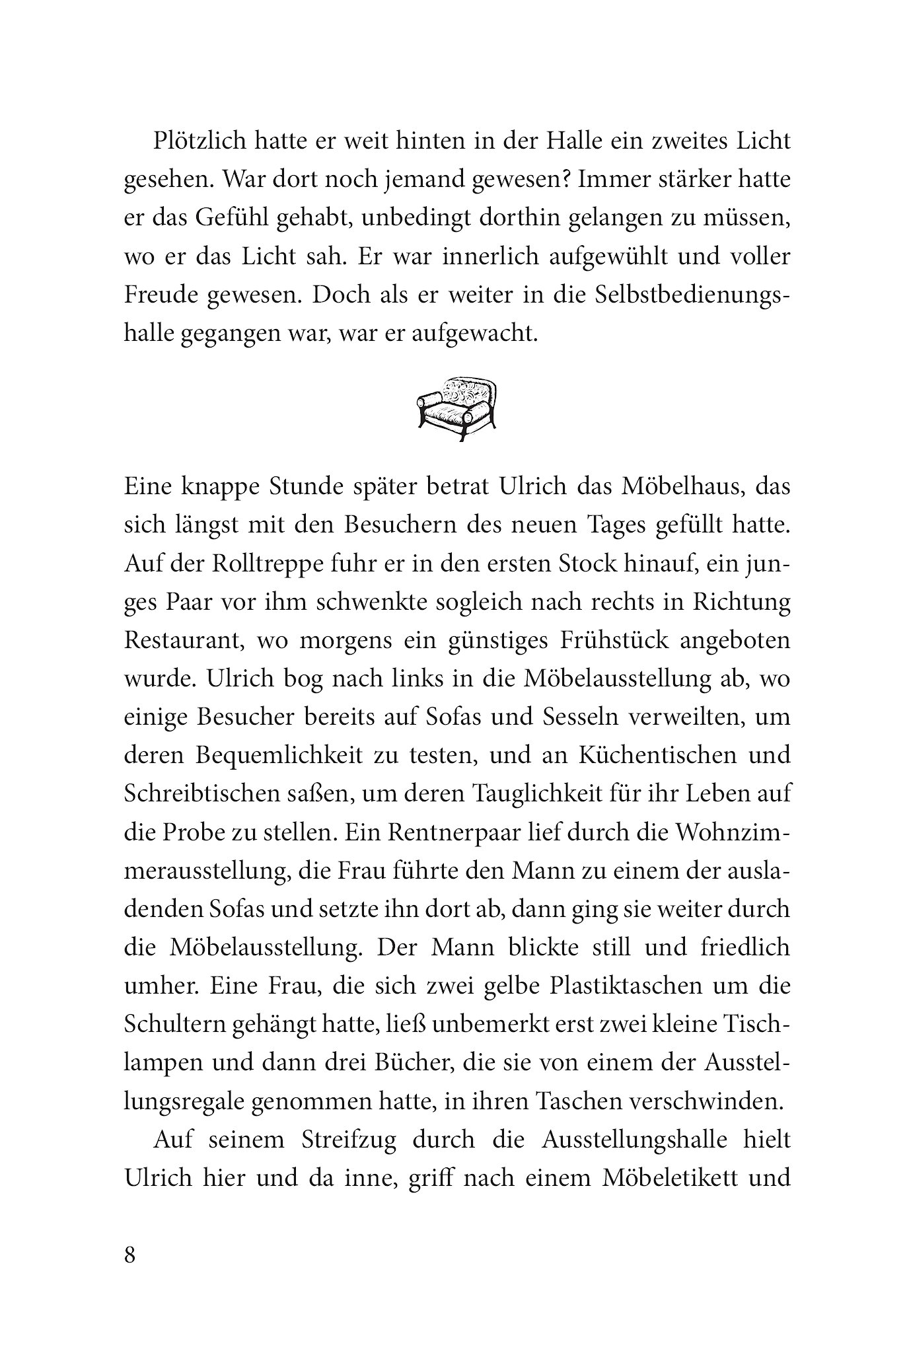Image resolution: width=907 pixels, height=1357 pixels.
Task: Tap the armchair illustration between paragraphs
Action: pyautogui.click(x=456, y=408)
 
